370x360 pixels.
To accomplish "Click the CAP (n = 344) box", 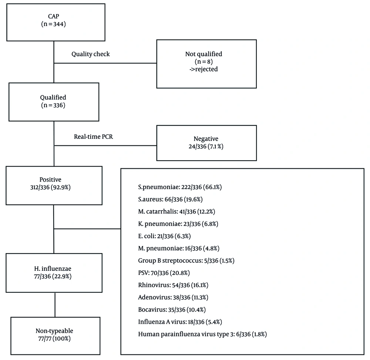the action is tap(56, 23).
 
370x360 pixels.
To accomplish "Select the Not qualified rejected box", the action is tap(206, 64).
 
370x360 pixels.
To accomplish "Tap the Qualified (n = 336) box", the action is tap(54, 102).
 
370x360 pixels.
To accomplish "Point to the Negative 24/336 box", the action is tap(206, 143).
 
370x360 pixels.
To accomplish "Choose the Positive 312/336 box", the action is tap(54, 185).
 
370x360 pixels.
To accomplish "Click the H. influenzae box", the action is tap(54, 273).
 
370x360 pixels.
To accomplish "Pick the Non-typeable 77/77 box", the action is tap(55, 336).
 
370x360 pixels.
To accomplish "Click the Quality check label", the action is tap(91, 54).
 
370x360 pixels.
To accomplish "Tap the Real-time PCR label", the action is tap(94, 137).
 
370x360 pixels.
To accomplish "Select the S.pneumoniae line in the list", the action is tap(180, 187).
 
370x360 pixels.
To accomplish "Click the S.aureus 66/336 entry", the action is tap(170, 199).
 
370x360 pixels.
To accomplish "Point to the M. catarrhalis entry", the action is tap(176, 212).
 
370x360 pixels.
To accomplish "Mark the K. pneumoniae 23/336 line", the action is tap(178, 224).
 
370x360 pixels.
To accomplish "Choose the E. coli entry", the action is tap(165, 236).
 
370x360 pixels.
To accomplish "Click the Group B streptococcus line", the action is tap(186, 261).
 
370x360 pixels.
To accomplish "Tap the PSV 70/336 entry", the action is tap(164, 273).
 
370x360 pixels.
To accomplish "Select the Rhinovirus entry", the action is tap(173, 285).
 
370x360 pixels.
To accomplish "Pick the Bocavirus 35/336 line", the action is tap(172, 310).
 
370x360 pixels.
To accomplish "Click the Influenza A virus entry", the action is tap(180, 322).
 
